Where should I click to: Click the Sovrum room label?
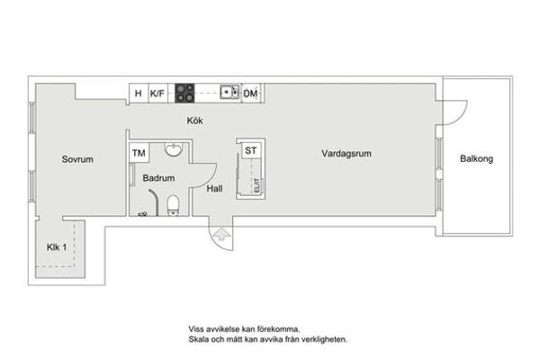(x=77, y=159)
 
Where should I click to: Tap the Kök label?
(x=194, y=121)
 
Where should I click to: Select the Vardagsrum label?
(x=346, y=154)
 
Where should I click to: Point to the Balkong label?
(x=476, y=158)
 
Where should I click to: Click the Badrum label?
(x=158, y=178)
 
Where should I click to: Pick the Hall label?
(x=214, y=189)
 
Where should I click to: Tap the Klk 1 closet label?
(x=57, y=247)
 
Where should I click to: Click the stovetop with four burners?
(x=184, y=93)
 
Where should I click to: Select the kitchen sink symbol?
(x=229, y=92)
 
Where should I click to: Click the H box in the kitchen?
(x=139, y=93)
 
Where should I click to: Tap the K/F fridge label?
(x=157, y=94)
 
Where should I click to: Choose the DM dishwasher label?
(x=250, y=94)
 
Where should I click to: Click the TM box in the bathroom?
(x=139, y=153)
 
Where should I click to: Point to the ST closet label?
(x=251, y=150)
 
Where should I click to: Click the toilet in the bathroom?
(x=173, y=205)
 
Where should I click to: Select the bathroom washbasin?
(x=173, y=150)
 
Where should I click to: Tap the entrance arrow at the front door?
(x=221, y=234)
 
